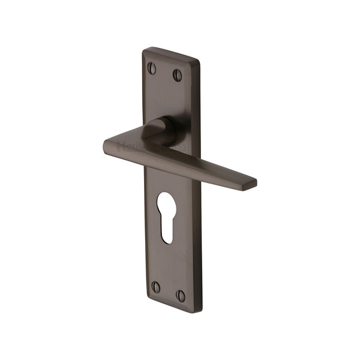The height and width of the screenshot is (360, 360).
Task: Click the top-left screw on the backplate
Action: tap(152, 68)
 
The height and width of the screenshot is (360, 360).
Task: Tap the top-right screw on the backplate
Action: tap(178, 75)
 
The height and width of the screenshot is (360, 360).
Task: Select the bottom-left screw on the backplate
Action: tap(156, 287)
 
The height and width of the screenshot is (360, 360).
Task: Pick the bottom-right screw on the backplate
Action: tap(181, 295)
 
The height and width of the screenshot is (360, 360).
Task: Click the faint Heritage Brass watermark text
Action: tap(152, 146)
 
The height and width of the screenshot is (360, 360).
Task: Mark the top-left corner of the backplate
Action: tap(145, 49)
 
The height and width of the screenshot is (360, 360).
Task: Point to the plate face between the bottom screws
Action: tap(169, 290)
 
